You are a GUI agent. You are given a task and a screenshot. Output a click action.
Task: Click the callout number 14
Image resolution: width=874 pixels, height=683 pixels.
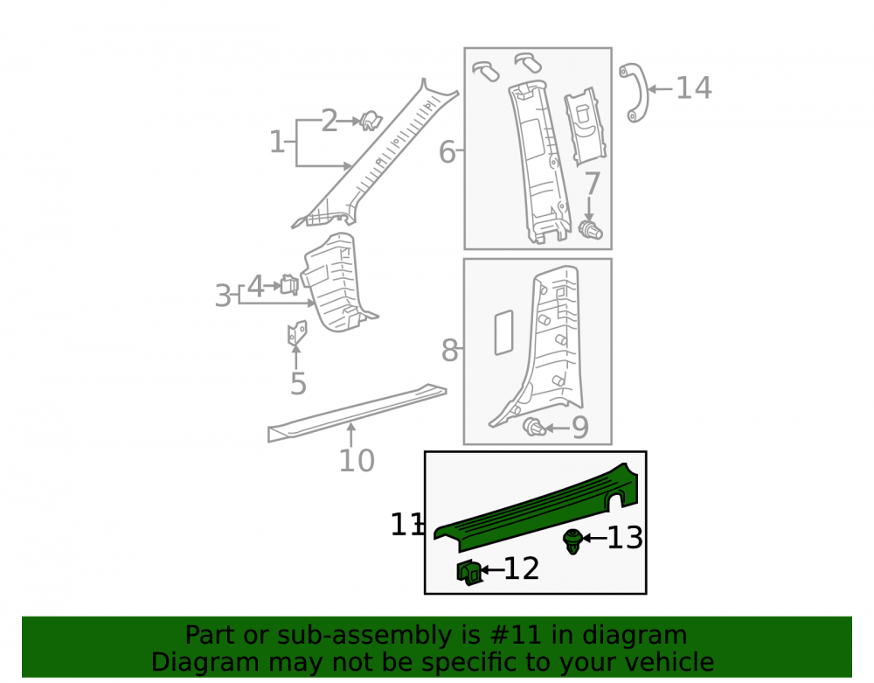tap(693, 88)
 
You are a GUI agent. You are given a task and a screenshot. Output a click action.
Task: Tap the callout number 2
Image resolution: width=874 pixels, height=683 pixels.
tap(329, 121)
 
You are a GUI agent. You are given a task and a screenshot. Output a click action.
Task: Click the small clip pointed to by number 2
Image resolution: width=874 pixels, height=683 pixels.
tap(370, 121)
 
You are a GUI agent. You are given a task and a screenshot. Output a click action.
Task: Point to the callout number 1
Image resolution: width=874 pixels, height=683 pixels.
tap(277, 142)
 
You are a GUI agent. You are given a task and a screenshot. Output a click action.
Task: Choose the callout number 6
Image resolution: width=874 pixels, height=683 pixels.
tap(447, 151)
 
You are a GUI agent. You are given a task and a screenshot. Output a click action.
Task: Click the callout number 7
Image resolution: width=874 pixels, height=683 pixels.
tap(592, 183)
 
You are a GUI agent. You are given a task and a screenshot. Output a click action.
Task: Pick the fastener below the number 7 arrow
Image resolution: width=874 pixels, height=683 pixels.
tap(590, 230)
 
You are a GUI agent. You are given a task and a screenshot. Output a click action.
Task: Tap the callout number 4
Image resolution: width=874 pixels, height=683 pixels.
tap(255, 287)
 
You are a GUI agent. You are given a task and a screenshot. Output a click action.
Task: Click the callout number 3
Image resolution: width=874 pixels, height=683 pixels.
tap(223, 296)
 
